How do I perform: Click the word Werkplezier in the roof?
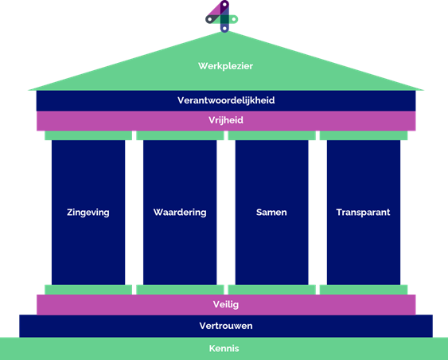[x=225, y=66]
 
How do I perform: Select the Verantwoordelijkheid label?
[x=226, y=100]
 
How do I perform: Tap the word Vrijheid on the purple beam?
[x=226, y=120]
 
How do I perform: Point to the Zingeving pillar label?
[x=88, y=213]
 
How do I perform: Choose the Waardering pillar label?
[x=180, y=213]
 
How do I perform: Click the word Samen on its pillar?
[x=271, y=212]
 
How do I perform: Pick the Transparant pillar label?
[x=363, y=212]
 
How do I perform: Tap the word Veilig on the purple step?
[x=226, y=304]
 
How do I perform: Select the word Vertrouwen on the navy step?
[x=226, y=326]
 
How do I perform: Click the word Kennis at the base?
[x=224, y=348]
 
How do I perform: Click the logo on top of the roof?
[x=222, y=17]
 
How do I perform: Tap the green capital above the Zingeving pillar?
[x=88, y=135]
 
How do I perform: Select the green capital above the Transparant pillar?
[x=364, y=135]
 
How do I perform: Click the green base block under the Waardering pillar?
[x=180, y=290]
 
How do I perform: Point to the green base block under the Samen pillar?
[x=271, y=290]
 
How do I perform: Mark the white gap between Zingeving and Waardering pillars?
[x=134, y=213]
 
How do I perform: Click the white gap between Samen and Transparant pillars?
[x=317, y=213]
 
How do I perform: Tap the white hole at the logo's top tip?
[x=225, y=4]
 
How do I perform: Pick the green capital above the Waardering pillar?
[x=180, y=135]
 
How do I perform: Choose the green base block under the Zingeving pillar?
[x=88, y=290]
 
